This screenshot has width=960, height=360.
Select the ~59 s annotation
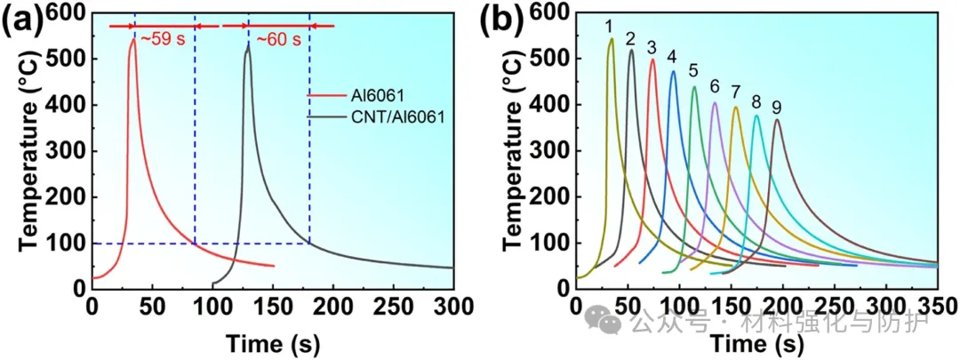163,39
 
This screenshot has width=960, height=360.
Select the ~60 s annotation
279,39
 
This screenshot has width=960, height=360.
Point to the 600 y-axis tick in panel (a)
68,13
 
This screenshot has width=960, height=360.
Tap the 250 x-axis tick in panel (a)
393,306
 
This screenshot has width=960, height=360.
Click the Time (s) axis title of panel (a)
272,341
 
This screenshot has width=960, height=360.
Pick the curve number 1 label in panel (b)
608,28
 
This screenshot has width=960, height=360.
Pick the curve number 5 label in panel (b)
693,70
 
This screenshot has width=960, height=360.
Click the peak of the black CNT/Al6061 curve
248,48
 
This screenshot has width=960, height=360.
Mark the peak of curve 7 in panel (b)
735,108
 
